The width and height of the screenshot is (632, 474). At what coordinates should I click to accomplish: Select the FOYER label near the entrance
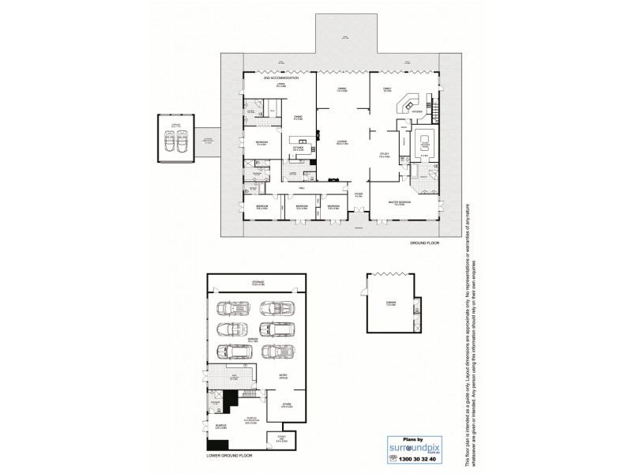pos(358,194)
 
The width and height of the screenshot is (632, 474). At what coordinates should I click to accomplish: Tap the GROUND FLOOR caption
pos(422,245)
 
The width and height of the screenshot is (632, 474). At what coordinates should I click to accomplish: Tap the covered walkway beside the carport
pos(208,141)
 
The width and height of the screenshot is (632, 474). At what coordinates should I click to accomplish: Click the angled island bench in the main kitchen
pos(409,104)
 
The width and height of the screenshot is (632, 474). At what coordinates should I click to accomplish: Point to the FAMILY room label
pos(387,89)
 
